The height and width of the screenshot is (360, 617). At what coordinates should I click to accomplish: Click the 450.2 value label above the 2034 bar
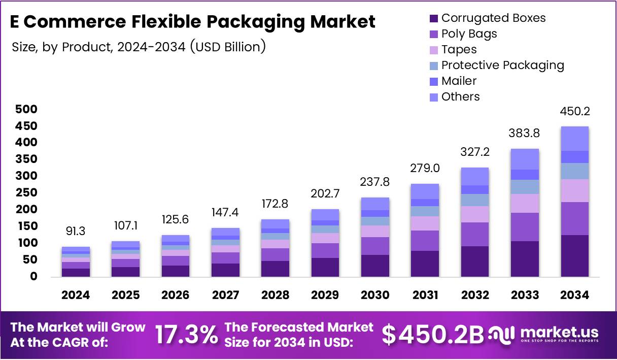575,112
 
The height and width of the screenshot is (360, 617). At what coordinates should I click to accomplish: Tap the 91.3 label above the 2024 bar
76,231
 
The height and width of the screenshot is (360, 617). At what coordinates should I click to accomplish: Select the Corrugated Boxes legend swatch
433,19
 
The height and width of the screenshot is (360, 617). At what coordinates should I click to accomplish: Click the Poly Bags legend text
469,34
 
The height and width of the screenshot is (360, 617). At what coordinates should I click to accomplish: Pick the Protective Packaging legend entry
502,65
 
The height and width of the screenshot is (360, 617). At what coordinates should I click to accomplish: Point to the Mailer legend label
459,81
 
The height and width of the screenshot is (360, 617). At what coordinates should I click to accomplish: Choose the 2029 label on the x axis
325,295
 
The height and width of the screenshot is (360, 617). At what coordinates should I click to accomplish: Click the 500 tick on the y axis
26,109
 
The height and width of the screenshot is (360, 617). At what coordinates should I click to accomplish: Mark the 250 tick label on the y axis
26,193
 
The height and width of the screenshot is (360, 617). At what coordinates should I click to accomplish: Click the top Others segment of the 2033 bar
525,159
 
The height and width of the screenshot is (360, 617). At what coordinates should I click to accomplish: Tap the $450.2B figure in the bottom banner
433,335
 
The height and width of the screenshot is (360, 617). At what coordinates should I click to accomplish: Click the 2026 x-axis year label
175,295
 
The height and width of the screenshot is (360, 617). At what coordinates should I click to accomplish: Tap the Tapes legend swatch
433,50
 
